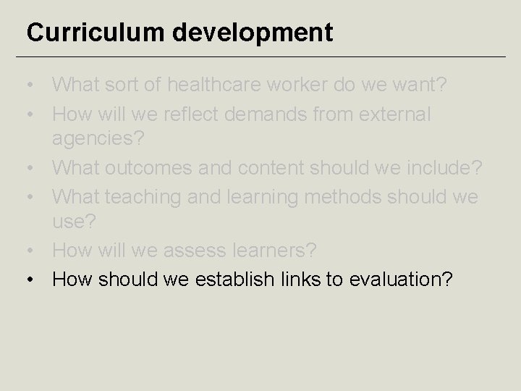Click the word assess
[195, 251]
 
